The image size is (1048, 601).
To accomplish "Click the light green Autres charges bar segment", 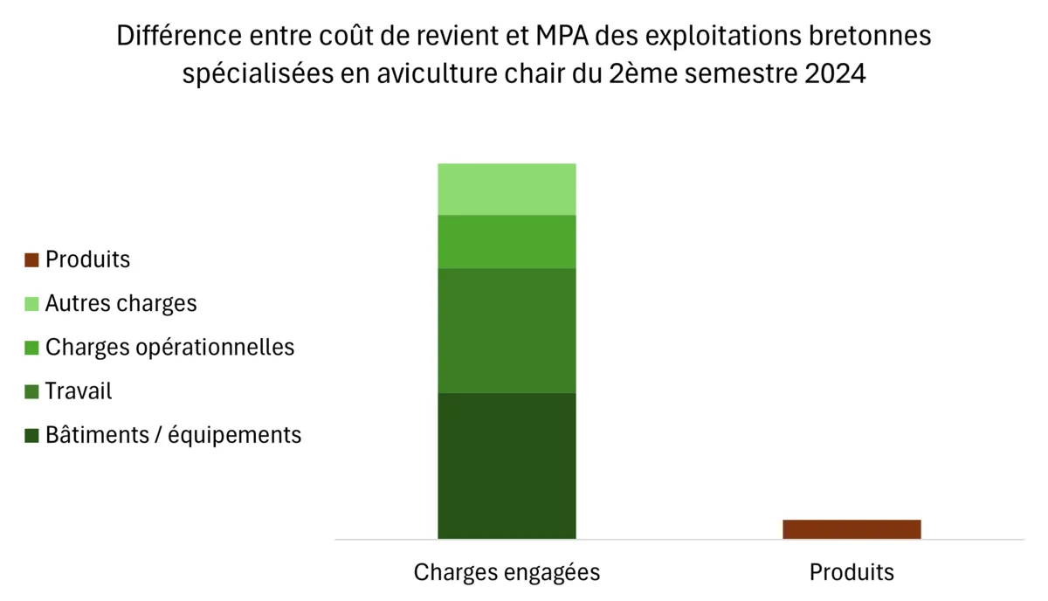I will pos(507,189).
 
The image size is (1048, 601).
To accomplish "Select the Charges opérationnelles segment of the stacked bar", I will pos(507,241).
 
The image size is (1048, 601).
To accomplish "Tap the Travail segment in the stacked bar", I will pos(507,330).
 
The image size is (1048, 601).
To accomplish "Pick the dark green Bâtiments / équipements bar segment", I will pos(507,466).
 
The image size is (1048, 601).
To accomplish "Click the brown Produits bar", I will pos(851,529).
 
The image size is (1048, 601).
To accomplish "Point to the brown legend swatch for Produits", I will pos(32,260).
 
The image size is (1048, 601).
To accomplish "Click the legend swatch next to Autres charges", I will pos(32,304).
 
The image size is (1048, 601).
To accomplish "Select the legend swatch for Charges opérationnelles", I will pos(32,348).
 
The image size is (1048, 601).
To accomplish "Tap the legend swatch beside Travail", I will pos(32,391).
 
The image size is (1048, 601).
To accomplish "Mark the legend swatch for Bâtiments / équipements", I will pos(32,435).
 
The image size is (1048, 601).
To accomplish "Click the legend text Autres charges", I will pos(121,304).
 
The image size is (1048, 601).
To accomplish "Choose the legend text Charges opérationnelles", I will pos(170,348).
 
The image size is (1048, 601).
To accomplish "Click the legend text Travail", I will pos(79,391).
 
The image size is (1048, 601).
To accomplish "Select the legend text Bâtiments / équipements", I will pos(174,435).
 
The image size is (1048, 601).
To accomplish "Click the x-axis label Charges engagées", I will pos(507,572).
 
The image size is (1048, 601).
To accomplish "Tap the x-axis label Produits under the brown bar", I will pos(851,572).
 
